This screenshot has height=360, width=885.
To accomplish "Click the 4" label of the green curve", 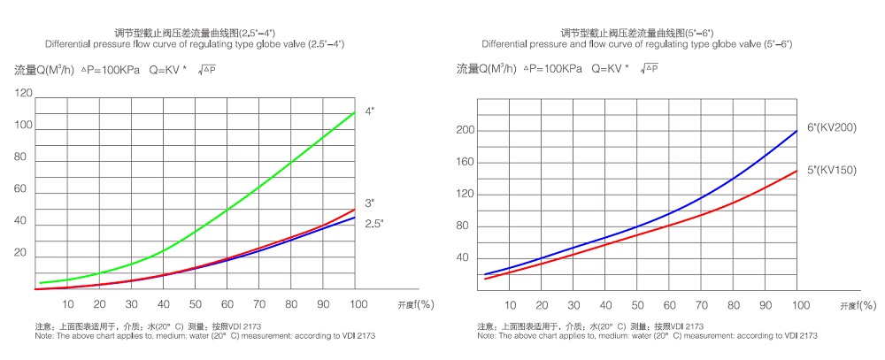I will [370, 111].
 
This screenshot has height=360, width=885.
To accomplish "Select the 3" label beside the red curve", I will [370, 203].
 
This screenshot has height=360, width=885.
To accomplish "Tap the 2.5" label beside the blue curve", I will [373, 225].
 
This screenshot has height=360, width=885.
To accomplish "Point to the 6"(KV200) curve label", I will [832, 127].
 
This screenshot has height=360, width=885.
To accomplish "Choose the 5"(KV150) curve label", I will [832, 169].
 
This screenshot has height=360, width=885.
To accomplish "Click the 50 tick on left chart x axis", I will [195, 304].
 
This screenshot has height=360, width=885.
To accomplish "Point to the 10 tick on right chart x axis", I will [511, 305].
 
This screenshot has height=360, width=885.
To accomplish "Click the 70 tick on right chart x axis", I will [703, 305].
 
